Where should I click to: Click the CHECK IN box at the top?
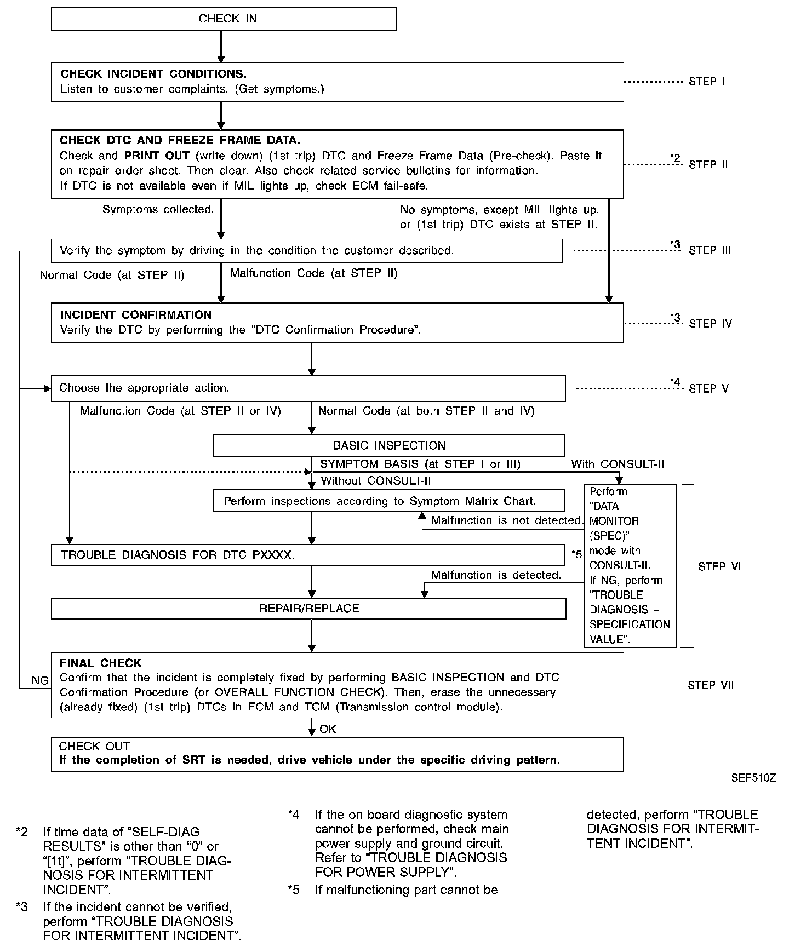pyautogui.click(x=224, y=19)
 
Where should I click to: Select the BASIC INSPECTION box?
pyautogui.click(x=388, y=445)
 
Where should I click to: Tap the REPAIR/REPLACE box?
pyautogui.click(x=308, y=609)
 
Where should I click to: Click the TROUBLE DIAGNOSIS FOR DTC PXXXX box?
pyautogui.click(x=308, y=555)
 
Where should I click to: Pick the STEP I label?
pyautogui.click(x=706, y=82)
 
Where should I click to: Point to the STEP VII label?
pyautogui.click(x=710, y=685)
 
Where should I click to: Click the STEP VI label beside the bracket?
pyautogui.click(x=719, y=566)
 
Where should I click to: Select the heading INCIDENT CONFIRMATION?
pyautogui.click(x=135, y=315)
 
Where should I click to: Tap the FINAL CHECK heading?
pyautogui.click(x=100, y=663)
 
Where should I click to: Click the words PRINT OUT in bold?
pyautogui.click(x=157, y=156)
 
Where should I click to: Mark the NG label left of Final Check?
pyautogui.click(x=40, y=680)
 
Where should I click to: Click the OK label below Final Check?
pyautogui.click(x=328, y=729)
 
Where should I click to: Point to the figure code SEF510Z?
pyautogui.click(x=753, y=778)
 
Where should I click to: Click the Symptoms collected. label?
pyautogui.click(x=158, y=209)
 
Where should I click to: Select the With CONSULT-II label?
pyautogui.click(x=618, y=464)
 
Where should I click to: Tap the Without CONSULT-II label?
pyautogui.click(x=375, y=481)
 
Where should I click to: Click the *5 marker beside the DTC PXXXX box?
pyautogui.click(x=576, y=554)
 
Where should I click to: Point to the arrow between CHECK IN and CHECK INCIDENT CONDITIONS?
pyautogui.click(x=221, y=46)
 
